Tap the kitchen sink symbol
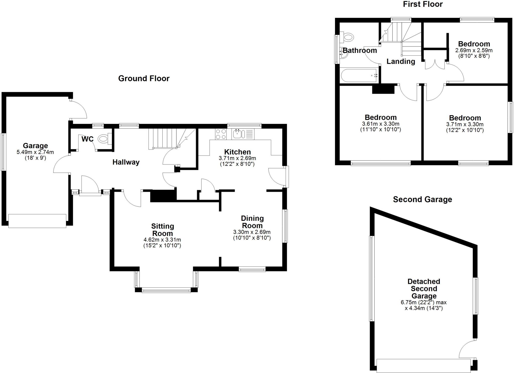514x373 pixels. pos(237,134)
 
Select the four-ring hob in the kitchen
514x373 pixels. pos(221,134)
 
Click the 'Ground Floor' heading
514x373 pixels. pos(144,79)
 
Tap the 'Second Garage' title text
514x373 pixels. pos(422,199)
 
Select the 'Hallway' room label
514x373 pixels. pos(126,162)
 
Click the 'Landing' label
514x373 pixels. pos(401,61)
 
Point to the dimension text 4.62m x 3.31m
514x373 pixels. pos(162,240)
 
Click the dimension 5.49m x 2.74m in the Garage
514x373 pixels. pos(35,152)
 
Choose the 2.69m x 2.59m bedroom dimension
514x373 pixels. pos(474,50)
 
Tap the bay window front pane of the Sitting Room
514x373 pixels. pos(166,290)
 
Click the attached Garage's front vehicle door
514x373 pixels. pos(37,221)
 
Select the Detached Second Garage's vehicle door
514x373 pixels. pos(423,365)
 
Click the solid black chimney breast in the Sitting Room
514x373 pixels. pos(163,196)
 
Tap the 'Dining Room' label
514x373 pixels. pos(252,222)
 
